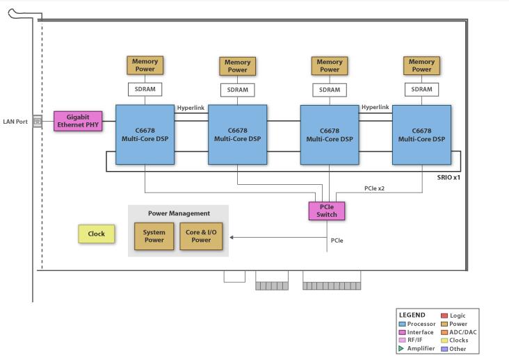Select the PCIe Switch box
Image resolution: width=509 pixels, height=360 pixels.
click(326, 211)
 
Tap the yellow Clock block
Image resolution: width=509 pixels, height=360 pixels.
click(96, 234)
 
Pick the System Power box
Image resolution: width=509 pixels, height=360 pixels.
click(154, 236)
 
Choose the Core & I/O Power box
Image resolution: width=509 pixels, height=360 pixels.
click(201, 236)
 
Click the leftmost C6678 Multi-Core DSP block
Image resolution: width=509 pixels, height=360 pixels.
click(144, 135)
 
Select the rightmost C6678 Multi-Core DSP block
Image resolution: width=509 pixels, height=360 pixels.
click(421, 135)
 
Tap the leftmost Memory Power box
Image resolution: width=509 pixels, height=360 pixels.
click(145, 65)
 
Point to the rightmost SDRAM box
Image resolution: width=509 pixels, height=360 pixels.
click(421, 89)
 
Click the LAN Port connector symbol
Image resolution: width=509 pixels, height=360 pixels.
click(37, 122)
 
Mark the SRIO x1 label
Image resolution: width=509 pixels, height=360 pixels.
click(449, 178)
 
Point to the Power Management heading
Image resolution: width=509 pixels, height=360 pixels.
click(179, 213)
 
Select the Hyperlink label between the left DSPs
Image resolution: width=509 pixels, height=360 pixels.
click(191, 108)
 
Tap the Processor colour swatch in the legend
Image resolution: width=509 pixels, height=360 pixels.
click(402, 324)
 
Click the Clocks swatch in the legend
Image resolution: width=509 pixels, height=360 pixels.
click(444, 341)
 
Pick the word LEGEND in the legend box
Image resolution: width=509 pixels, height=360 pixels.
click(412, 315)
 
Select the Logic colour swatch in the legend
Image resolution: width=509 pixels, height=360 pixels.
click(444, 316)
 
